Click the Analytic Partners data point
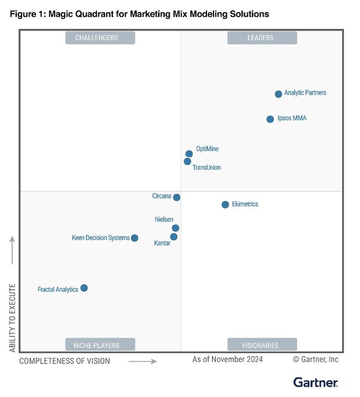pyautogui.click(x=278, y=94)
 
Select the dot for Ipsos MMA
pyautogui.click(x=270, y=119)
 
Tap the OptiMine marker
pyautogui.click(x=189, y=154)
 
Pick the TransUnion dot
pyautogui.click(x=188, y=162)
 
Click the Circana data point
pyautogui.click(x=177, y=197)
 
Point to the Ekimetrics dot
pyautogui.click(x=226, y=205)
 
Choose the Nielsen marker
pyautogui.click(x=176, y=228)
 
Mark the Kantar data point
pyautogui.click(x=174, y=237)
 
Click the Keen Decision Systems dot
pyautogui.click(x=134, y=238)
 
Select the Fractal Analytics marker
pyautogui.click(x=84, y=288)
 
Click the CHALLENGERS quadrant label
pyautogui.click(x=100, y=38)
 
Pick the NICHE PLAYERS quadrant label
pyautogui.click(x=100, y=345)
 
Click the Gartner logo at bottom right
pyautogui.click(x=316, y=382)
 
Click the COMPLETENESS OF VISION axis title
pyautogui.click(x=65, y=361)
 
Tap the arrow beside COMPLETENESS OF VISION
pyautogui.click(x=143, y=362)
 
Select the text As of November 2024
pyautogui.click(x=227, y=359)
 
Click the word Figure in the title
pyautogui.click(x=23, y=13)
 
